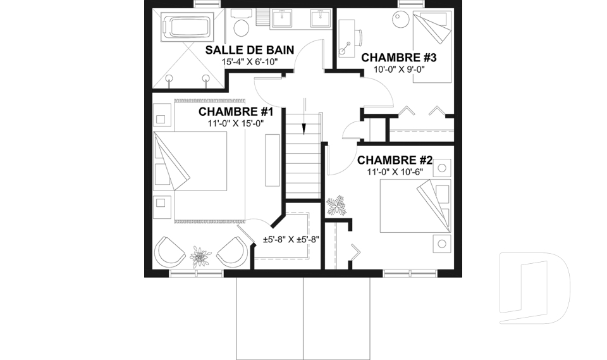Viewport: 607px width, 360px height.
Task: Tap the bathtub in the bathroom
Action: pos(187,27)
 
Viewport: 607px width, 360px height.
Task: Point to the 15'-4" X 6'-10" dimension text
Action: pos(250,62)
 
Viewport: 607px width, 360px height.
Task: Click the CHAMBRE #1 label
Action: pos(235,112)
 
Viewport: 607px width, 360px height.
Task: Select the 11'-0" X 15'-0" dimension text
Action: pos(235,123)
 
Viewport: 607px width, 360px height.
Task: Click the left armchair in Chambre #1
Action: pos(169,252)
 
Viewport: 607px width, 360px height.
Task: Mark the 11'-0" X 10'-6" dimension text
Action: pos(394,171)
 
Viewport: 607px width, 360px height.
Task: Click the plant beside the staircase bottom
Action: pos(335,205)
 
